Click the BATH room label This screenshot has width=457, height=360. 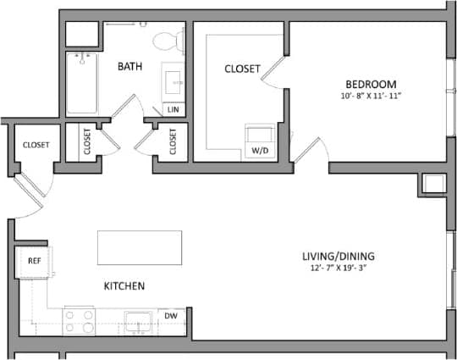pos(129,65)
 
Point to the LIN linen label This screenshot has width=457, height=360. pos(173,110)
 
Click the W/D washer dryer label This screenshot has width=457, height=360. pos(257,151)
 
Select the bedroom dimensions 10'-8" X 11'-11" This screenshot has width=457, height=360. pos(371,96)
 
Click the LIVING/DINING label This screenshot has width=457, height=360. pos(339,257)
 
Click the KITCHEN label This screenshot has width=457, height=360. pos(124,286)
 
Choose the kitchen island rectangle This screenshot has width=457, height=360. pos(140,246)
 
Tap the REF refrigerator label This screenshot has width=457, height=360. pos(35,262)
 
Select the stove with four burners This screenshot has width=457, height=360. pos(80,321)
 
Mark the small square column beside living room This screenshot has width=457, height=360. pos(432,184)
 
